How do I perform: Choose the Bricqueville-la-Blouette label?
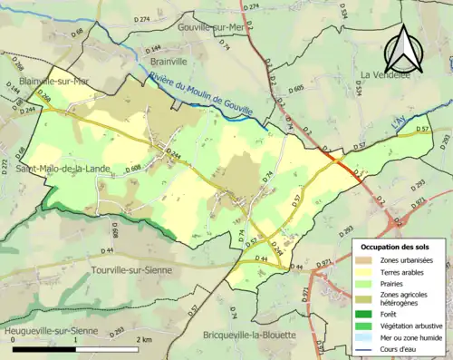[250, 334]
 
